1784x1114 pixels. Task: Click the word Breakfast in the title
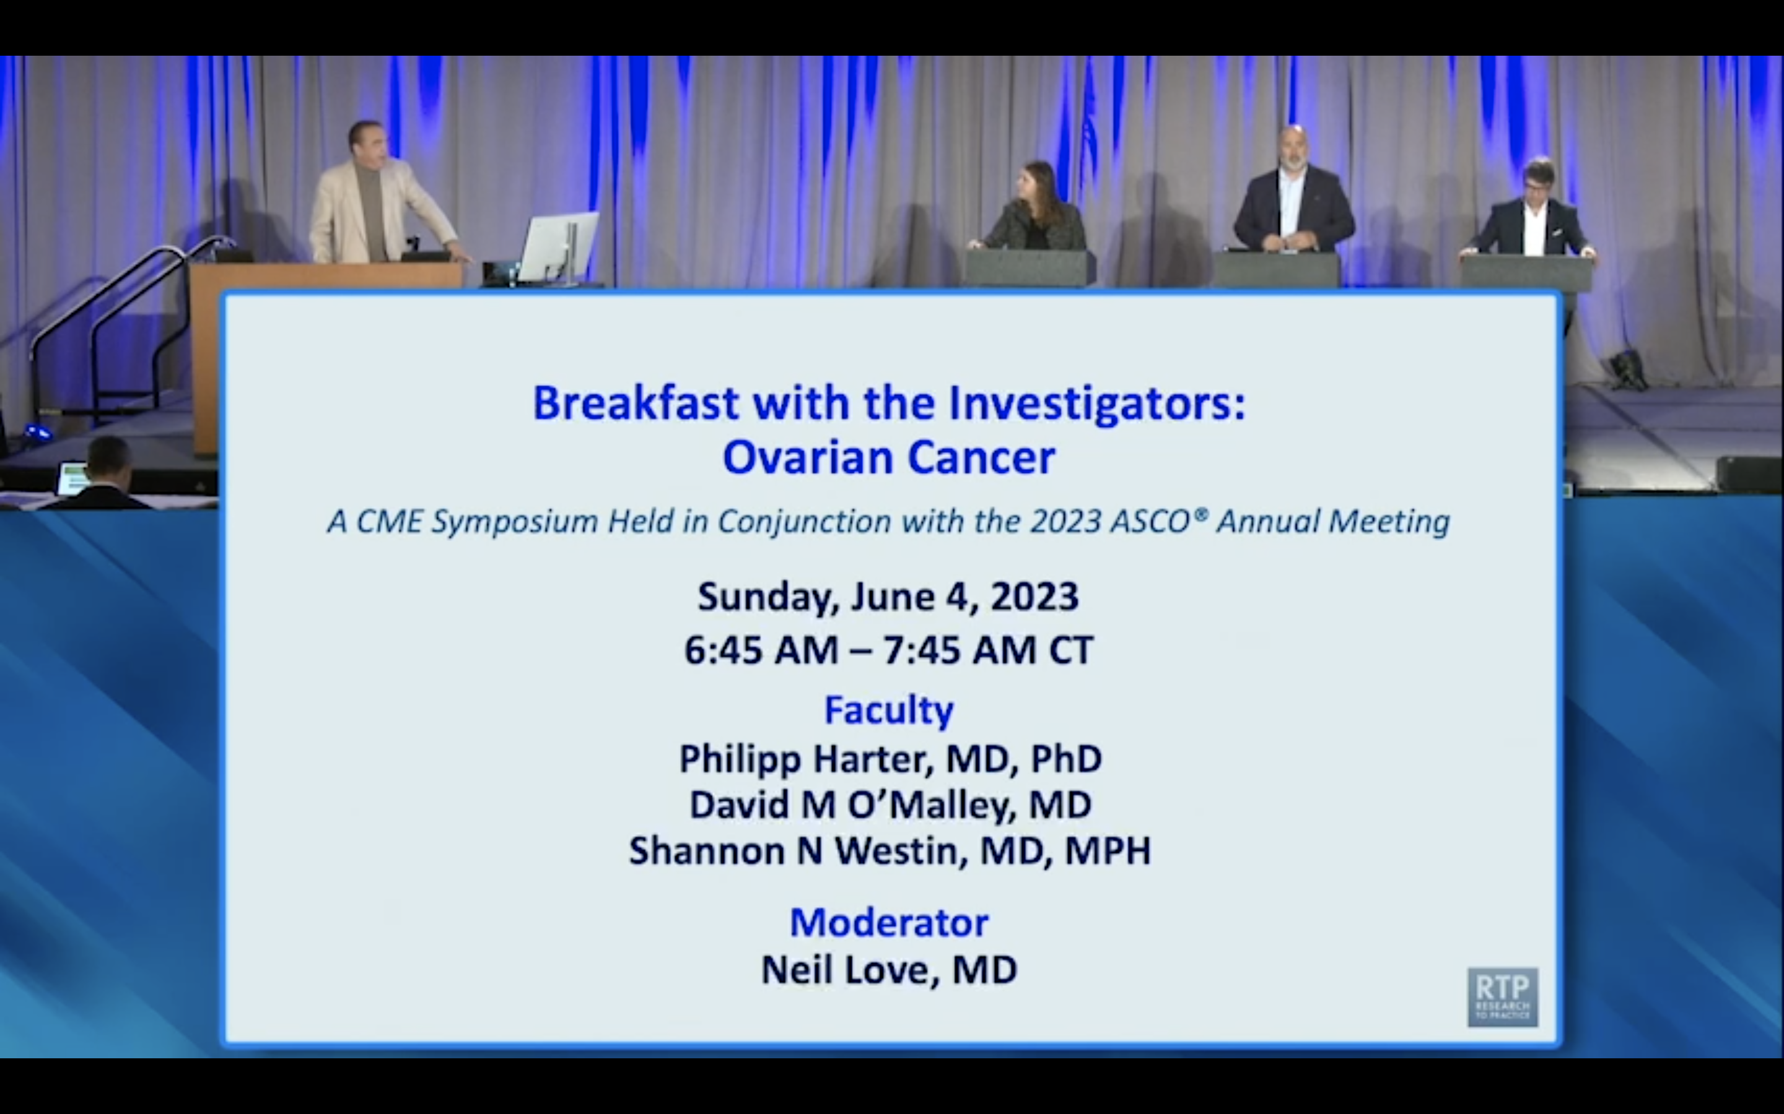pyautogui.click(x=636, y=404)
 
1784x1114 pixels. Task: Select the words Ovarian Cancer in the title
pyautogui.click(x=888, y=457)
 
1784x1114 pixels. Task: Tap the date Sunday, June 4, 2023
pyautogui.click(x=888, y=597)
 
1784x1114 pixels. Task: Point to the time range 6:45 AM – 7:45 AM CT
pyautogui.click(x=888, y=650)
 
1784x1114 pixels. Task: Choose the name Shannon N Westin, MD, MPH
pyautogui.click(x=890, y=851)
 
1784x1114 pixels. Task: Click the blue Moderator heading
pyautogui.click(x=889, y=922)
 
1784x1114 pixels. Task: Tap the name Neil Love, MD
pyautogui.click(x=889, y=970)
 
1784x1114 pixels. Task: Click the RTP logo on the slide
pyautogui.click(x=1502, y=997)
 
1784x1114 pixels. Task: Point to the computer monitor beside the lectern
pyautogui.click(x=559, y=247)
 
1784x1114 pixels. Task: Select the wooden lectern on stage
pyautogui.click(x=325, y=353)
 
